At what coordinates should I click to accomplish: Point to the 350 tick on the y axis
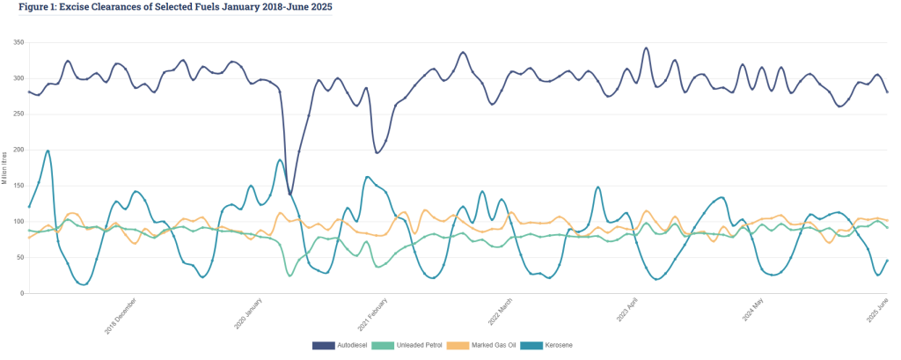tap(16, 41)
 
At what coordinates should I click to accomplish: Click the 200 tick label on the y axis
tap(16, 150)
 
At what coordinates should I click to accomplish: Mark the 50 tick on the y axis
tap(18, 257)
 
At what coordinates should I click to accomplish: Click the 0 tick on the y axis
tap(20, 293)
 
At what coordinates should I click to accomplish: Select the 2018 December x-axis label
tap(121, 315)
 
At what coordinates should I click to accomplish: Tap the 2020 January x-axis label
tap(249, 315)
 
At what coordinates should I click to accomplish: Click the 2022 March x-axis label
tap(502, 315)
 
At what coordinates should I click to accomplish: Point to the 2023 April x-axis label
tap(631, 315)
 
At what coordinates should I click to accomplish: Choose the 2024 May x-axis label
tap(758, 315)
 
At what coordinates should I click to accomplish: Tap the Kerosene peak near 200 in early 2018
tap(48, 151)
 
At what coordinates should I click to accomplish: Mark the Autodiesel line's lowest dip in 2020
tap(290, 193)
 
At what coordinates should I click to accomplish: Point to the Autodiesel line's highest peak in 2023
tap(647, 48)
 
